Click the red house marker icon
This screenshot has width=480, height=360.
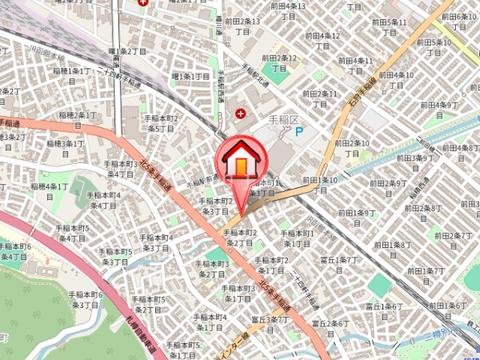coord(240,160)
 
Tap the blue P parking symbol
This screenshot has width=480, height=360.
coord(299,132)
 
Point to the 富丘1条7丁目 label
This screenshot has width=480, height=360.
coord(338,264)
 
